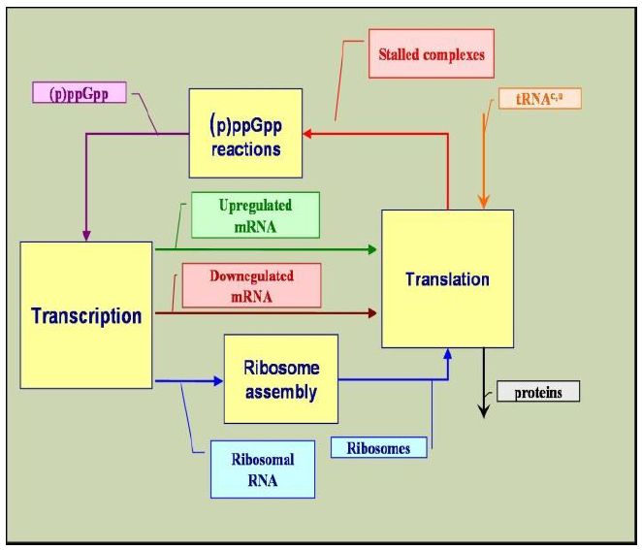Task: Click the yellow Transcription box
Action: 86,315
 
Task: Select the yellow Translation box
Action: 446,278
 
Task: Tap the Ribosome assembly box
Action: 281,378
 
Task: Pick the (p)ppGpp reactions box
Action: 245,134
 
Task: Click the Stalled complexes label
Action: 432,54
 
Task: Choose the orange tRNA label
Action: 540,99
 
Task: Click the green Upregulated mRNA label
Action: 255,214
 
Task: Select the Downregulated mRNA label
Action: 251,284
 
